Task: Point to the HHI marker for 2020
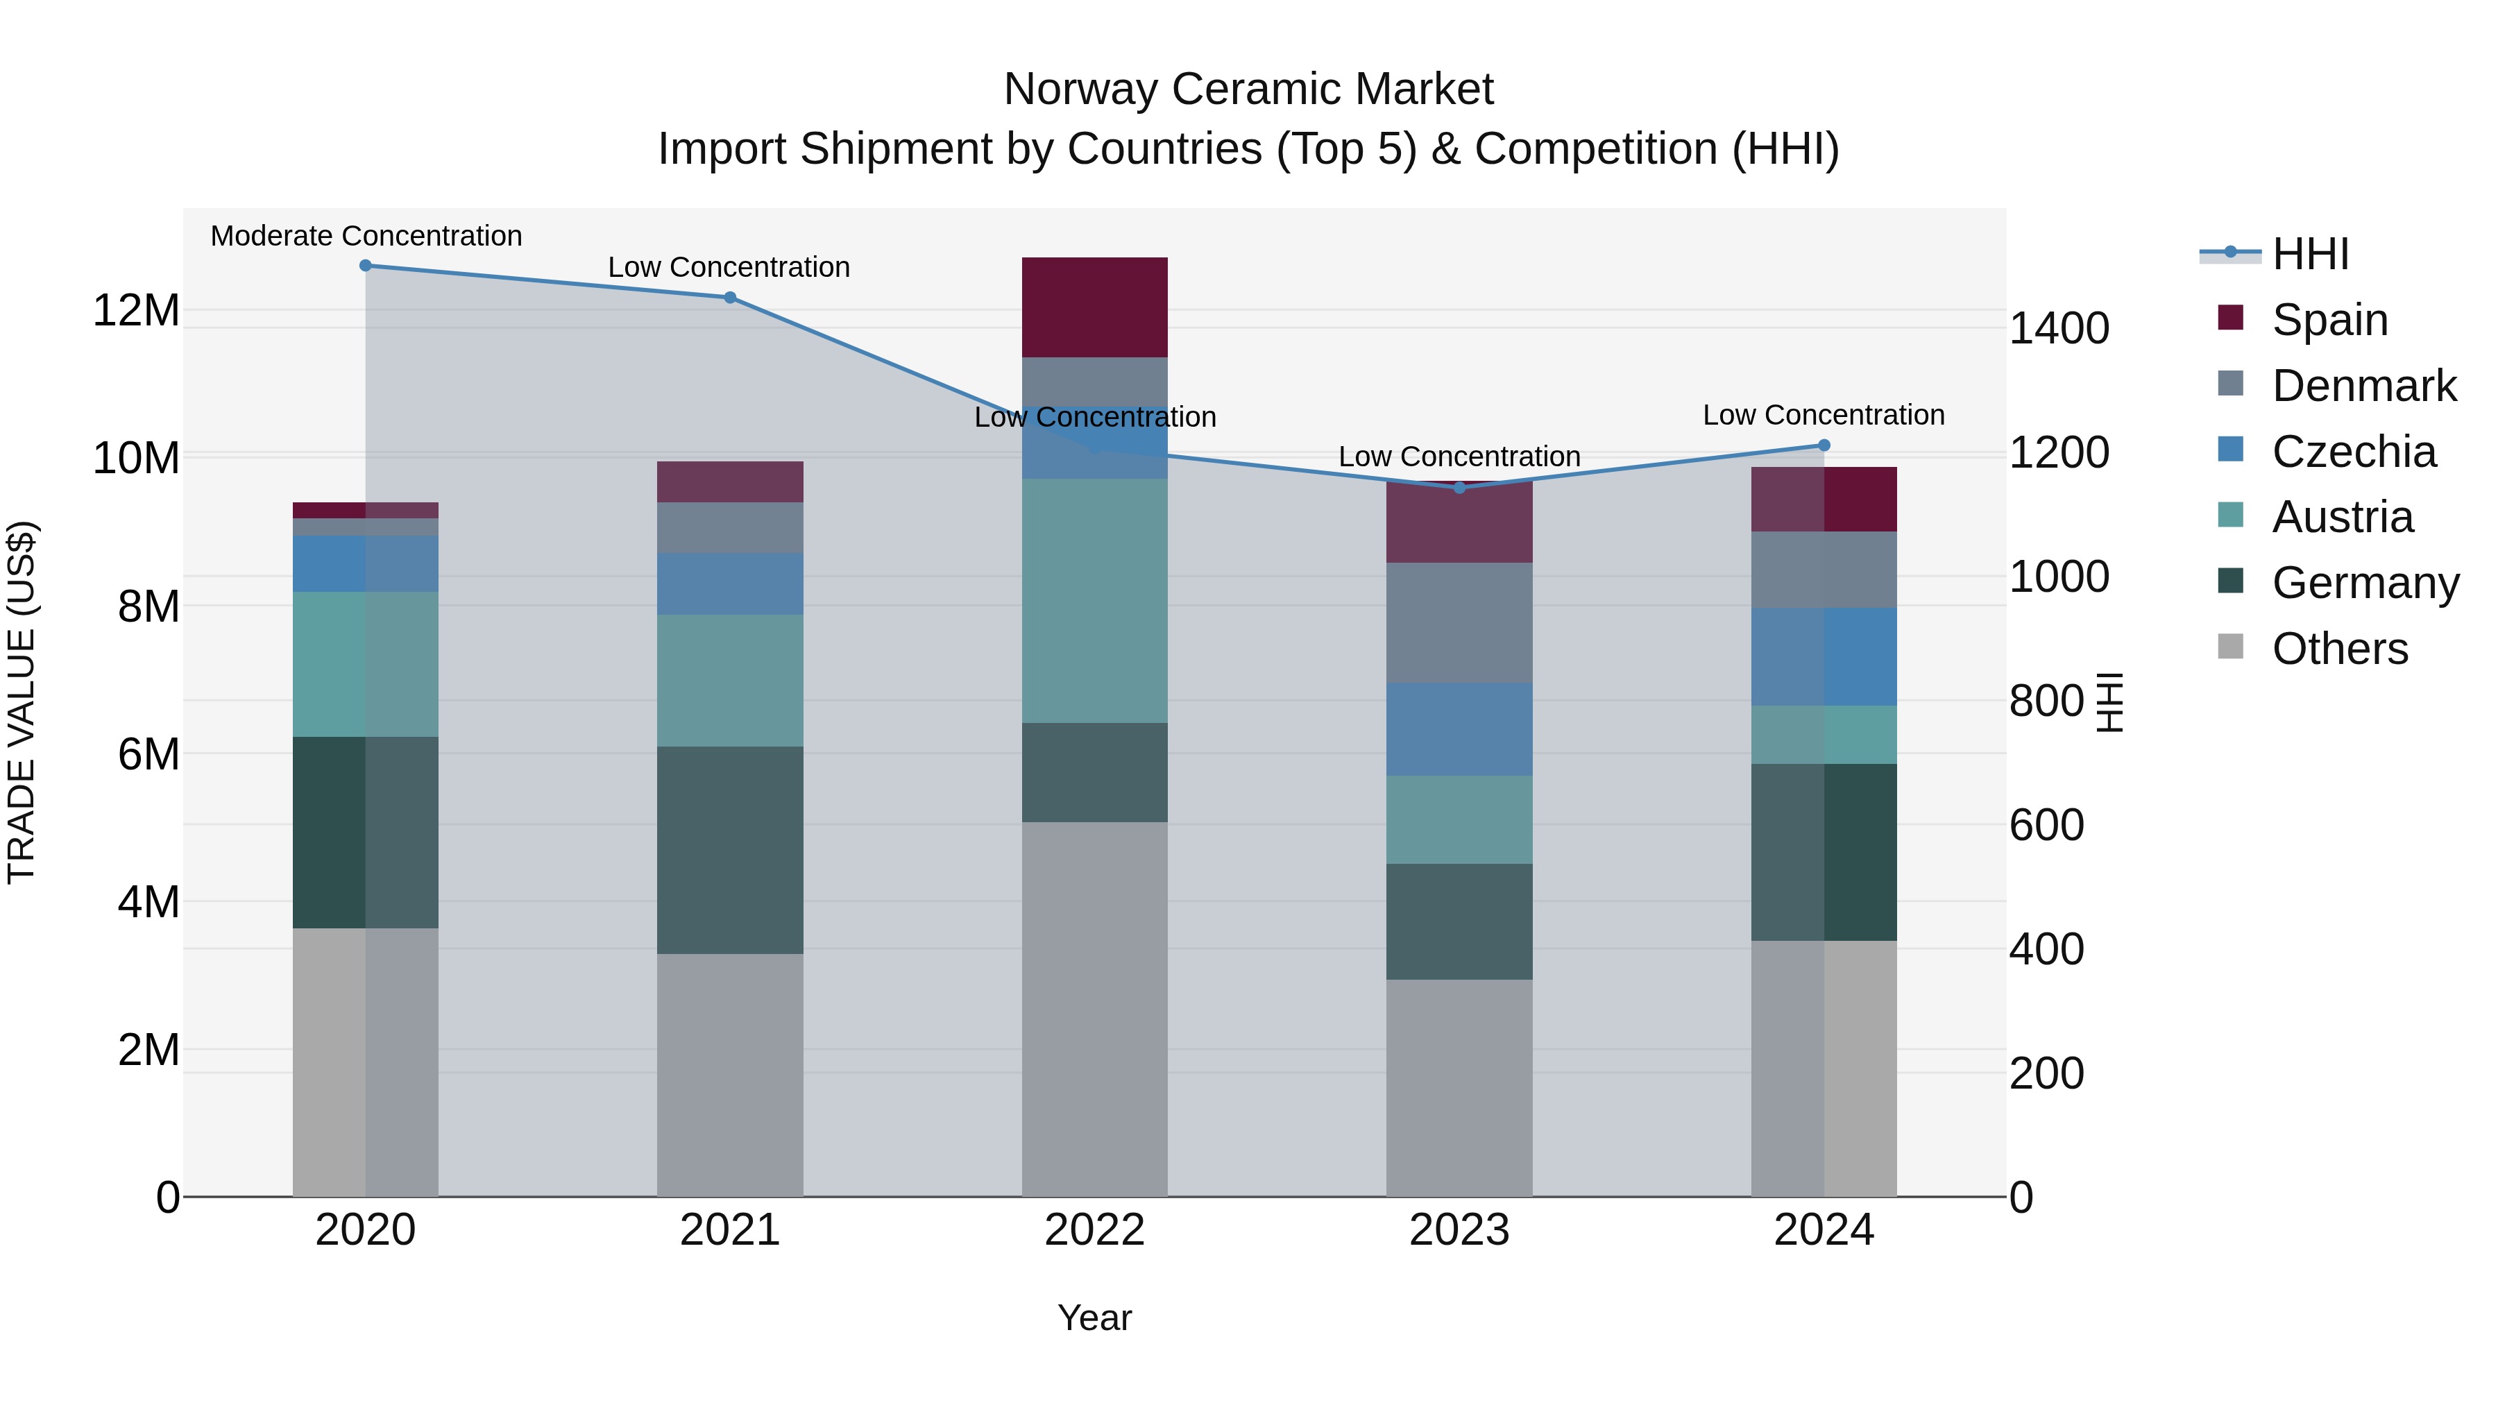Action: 366,266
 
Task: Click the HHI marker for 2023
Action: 1459,488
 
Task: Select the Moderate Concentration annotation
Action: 366,236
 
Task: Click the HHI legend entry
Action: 2310,254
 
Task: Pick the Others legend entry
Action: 2339,649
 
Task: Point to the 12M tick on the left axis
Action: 136,312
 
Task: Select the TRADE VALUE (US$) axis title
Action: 22,702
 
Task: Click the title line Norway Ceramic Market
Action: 1248,90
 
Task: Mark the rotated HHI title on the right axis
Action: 2110,702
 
